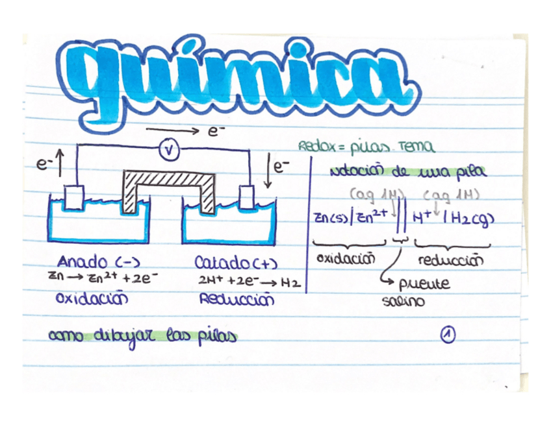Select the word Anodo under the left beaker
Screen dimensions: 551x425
[81, 262]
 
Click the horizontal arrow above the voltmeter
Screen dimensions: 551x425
[173, 130]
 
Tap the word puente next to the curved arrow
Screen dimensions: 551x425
[424, 284]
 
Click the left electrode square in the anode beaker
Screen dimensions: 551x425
[75, 197]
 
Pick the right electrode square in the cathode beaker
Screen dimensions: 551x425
[248, 196]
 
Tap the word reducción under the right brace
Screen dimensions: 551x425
[452, 261]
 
